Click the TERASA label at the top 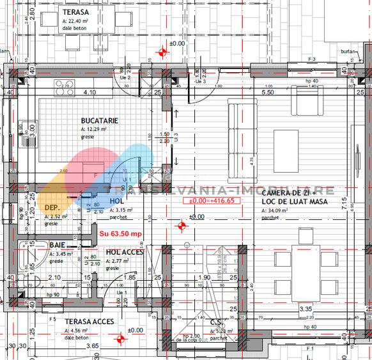[75, 12]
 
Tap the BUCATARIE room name [97, 120]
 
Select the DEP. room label [52, 208]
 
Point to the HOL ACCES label [125, 252]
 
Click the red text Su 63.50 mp [121, 233]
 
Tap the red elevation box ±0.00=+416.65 [212, 201]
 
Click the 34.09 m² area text [275, 210]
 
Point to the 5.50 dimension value [268, 92]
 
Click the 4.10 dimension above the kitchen [90, 92]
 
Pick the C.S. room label [217, 323]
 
